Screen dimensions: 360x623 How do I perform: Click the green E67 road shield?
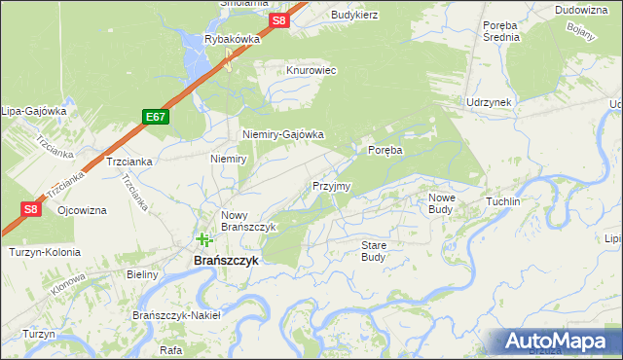pos(154,117)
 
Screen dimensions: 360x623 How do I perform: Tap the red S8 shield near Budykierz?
pos(279,20)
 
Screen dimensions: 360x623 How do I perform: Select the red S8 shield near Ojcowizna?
pos(31,208)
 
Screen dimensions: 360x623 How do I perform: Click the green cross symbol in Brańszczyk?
pos(203,239)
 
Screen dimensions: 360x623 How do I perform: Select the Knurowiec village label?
pos(311,71)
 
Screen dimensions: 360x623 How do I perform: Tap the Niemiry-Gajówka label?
pos(282,135)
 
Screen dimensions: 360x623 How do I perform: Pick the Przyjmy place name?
pos(331,185)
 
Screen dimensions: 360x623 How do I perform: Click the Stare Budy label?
pos(374,251)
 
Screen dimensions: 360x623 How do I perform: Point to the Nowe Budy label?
pos(441,202)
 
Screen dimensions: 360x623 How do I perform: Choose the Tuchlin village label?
pos(503,200)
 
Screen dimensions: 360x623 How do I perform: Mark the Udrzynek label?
pos(489,101)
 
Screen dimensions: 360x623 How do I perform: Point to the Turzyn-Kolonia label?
pos(44,252)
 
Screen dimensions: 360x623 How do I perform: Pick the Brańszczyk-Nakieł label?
pos(177,315)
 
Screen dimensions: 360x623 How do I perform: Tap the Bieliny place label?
pos(142,274)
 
